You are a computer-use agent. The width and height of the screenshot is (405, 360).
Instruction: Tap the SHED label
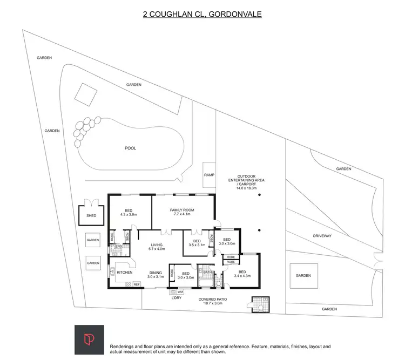pyautogui.click(x=91, y=215)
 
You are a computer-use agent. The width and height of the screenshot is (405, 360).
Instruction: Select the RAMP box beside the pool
pyautogui.click(x=209, y=175)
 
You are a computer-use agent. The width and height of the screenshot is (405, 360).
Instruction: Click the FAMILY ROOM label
pyautogui.click(x=182, y=209)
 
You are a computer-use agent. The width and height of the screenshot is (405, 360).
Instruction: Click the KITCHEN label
pyautogui.click(x=124, y=273)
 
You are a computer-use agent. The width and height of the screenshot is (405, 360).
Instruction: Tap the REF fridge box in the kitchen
pyautogui.click(x=137, y=284)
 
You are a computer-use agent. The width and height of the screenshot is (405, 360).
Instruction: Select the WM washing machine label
pyautogui.click(x=180, y=292)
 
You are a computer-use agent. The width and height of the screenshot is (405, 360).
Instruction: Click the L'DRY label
pyautogui.click(x=177, y=298)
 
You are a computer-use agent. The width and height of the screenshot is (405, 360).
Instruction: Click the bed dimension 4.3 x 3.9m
pyautogui.click(x=129, y=214)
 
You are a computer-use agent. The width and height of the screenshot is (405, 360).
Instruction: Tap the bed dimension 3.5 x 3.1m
pyautogui.click(x=197, y=245)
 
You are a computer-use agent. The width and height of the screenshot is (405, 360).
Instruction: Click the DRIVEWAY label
pyautogui.click(x=326, y=236)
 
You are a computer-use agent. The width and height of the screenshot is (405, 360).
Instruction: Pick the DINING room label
pyautogui.click(x=156, y=273)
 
